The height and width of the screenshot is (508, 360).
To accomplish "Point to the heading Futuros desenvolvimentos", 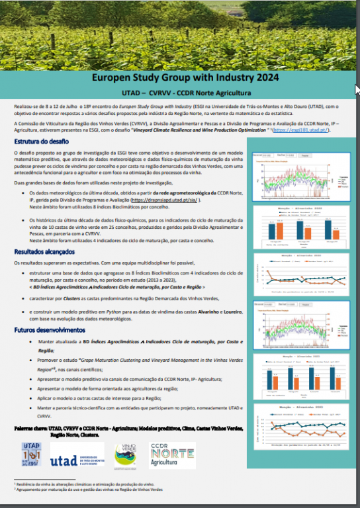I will point(49,330).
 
